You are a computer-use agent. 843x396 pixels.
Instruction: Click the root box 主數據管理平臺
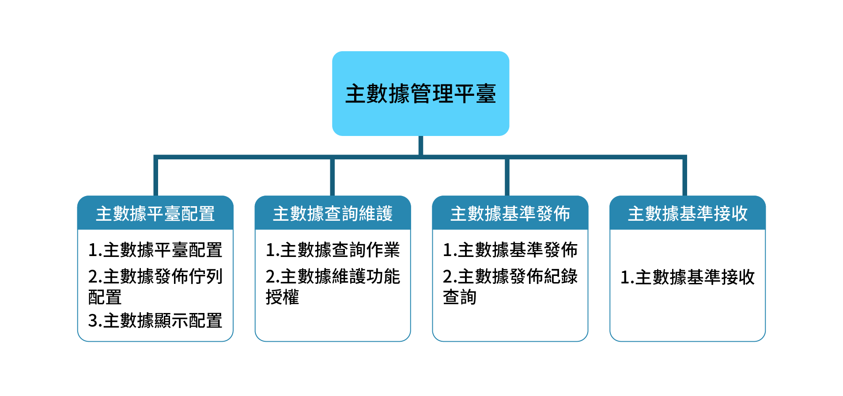coord(420,94)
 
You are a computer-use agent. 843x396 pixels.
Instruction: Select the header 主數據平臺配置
coord(155,213)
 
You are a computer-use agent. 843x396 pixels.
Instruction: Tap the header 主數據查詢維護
coord(333,213)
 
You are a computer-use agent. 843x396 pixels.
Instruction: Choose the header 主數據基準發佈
coord(510,213)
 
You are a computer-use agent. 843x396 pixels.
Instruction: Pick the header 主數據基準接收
coord(688,213)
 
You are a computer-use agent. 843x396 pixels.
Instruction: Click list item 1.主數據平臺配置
coord(155,250)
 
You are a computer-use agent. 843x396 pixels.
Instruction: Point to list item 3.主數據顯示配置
coord(155,321)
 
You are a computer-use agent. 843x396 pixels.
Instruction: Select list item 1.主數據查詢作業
coord(333,250)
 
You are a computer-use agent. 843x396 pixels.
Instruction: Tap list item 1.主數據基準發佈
coord(510,250)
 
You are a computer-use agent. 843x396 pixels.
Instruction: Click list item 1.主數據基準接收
coord(688,277)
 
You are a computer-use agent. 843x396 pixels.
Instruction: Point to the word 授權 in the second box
coord(283,297)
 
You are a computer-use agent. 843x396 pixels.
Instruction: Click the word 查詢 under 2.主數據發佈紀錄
coord(460,297)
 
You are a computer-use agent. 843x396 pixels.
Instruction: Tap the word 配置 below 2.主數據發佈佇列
coord(105,297)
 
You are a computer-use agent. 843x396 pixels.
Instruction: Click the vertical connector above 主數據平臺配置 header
coord(156,177)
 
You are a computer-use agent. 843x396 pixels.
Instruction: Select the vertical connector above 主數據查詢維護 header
coord(332,177)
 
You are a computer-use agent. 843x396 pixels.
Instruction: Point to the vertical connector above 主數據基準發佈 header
coord(507,177)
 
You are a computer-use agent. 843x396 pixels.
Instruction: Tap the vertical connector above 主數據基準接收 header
coord(685,177)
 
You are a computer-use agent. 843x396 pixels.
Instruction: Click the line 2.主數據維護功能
coord(333,276)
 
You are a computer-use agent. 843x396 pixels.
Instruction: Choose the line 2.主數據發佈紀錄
coord(510,276)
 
